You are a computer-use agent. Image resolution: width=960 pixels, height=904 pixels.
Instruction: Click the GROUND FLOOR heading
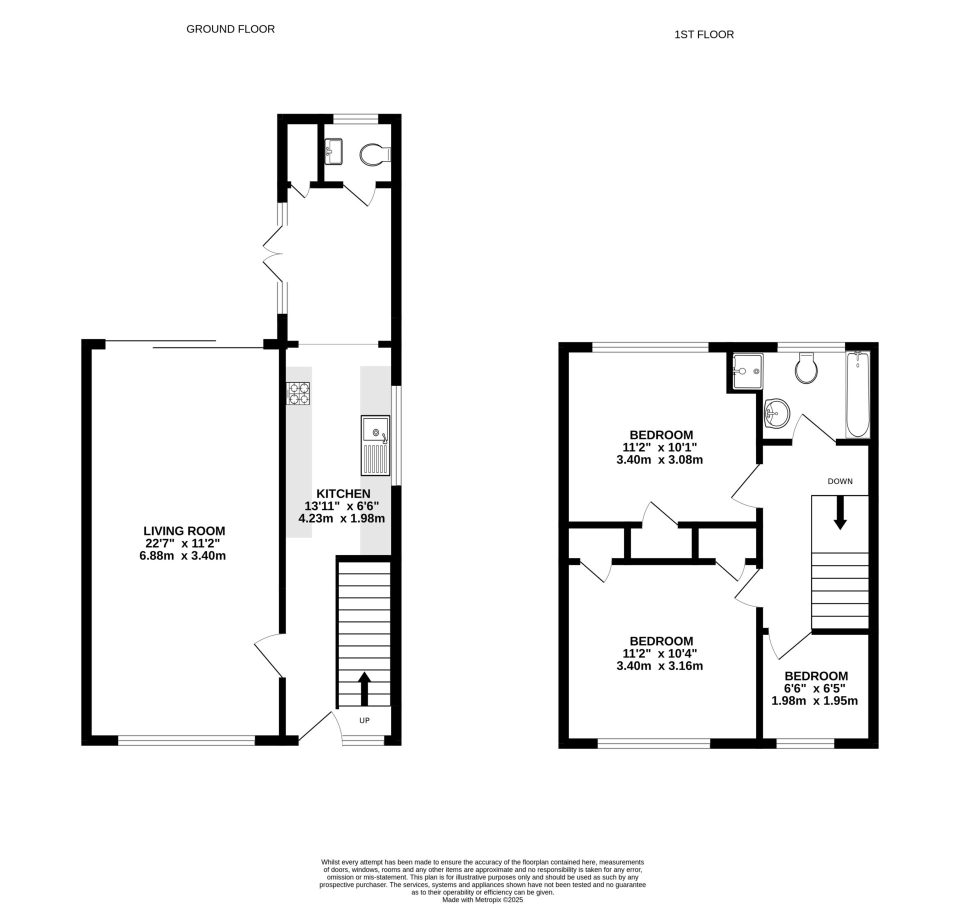tap(230, 29)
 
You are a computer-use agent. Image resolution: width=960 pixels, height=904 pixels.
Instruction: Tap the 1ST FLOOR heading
tap(704, 35)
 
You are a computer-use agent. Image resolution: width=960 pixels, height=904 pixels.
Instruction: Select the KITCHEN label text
tap(342, 494)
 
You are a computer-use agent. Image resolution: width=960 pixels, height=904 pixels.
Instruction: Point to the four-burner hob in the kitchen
tap(298, 393)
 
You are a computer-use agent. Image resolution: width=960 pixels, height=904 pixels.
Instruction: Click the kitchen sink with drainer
tap(375, 445)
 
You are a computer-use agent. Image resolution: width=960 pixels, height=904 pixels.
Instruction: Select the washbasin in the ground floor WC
tap(333, 151)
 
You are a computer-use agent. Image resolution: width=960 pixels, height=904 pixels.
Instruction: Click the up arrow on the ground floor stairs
tap(364, 688)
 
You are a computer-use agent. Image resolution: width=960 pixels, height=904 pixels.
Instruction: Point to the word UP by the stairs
tap(364, 720)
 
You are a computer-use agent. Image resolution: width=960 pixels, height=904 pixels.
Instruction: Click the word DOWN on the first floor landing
tap(840, 481)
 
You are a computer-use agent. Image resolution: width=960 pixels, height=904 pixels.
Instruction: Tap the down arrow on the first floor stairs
tap(840, 512)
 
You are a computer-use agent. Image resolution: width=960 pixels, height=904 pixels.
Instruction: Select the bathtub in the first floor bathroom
tap(857, 394)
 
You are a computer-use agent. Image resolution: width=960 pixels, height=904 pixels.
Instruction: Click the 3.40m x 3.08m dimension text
tap(659, 460)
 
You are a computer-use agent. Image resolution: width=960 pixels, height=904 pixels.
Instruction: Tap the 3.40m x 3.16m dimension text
tap(659, 666)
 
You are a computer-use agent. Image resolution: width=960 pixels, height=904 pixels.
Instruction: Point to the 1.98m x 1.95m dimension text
tap(814, 701)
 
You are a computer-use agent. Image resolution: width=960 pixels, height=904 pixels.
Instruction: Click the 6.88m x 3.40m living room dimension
tap(182, 555)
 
